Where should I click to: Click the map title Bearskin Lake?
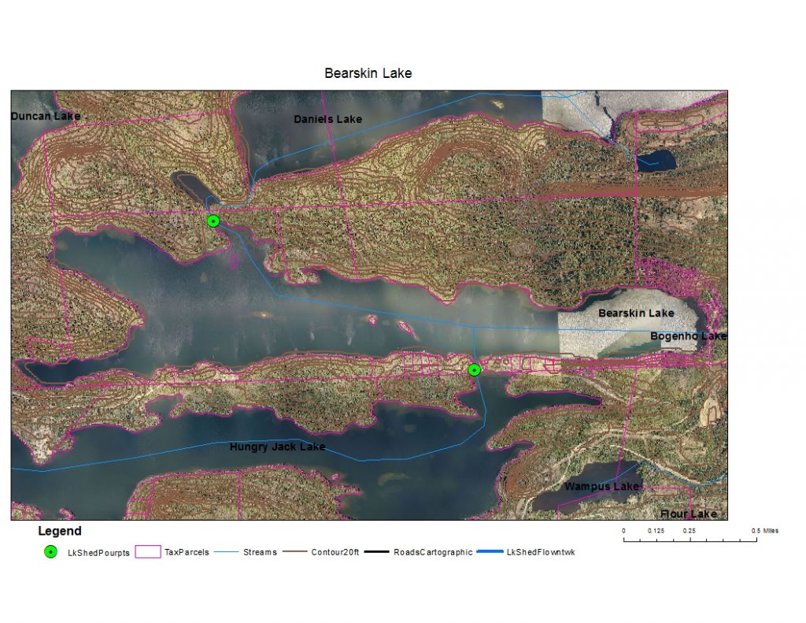pos(368,73)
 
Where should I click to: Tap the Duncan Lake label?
pos(46,117)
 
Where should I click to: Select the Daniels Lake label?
pos(327,119)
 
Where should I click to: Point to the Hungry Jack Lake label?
pos(277,447)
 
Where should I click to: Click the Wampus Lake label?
pos(601,487)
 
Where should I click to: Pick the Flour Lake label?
pos(688,514)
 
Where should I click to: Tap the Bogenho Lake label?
pos(688,336)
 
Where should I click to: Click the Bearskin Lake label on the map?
pos(636,313)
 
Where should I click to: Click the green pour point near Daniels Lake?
pos(213,221)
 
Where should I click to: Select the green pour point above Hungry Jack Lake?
pos(474,369)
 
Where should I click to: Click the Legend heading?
pos(59,532)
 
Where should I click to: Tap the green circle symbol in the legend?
pos(51,552)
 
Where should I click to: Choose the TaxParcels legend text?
pos(187,553)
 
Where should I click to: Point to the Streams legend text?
pos(260,553)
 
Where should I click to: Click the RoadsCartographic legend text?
pos(433,553)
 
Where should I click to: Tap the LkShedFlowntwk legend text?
pos(542,553)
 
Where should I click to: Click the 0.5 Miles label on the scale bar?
pos(766,531)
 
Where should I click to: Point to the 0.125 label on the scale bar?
pos(656,531)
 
